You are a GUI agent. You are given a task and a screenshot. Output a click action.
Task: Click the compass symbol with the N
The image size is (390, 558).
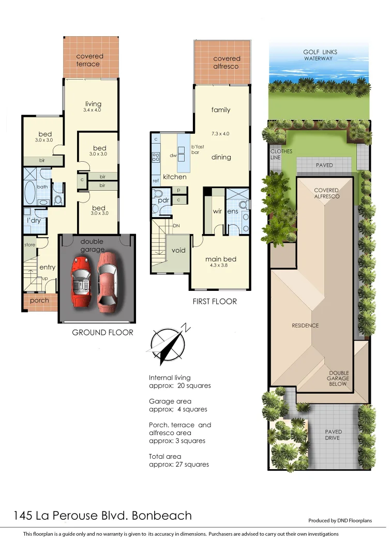tap(167, 343)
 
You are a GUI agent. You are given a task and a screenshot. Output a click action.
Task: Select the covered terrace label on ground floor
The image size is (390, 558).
tap(89, 60)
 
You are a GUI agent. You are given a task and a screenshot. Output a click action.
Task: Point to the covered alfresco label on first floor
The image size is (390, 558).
tap(227, 63)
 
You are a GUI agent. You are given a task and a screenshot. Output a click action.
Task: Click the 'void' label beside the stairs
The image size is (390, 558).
tap(178, 250)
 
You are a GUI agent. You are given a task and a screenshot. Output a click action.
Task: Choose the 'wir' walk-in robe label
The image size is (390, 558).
tap(218, 211)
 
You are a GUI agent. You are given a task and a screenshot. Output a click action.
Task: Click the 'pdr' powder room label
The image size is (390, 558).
tap(163, 200)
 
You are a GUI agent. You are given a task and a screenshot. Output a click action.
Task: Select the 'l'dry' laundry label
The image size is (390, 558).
tap(34, 221)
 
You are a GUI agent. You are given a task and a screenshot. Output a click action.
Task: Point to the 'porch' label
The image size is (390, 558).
tap(40, 300)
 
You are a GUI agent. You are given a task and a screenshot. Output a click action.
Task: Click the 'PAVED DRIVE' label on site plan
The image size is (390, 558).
tap(333, 435)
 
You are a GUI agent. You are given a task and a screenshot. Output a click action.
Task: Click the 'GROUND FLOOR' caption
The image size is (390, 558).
tap(102, 332)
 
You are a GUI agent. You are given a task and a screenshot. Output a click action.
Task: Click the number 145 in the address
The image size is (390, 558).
tap(23, 515)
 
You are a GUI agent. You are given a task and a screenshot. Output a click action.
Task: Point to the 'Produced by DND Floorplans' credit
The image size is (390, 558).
tap(340, 521)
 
